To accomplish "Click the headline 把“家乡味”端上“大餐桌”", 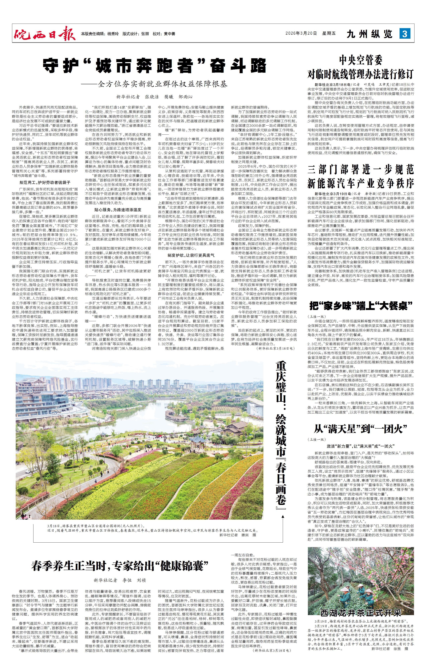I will click(361, 306).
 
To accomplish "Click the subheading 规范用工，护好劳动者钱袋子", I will click(45, 183).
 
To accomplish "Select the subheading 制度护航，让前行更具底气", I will click(191, 255).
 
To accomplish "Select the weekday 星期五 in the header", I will click(329, 33).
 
